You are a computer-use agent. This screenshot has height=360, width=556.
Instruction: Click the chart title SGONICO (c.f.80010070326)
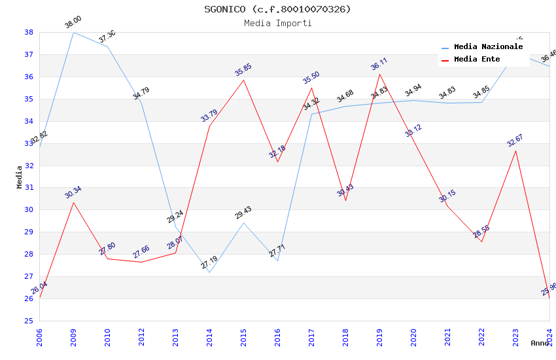tap(277, 9)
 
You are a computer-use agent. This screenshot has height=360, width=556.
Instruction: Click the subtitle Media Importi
tap(277, 23)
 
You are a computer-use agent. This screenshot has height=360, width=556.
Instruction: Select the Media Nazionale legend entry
tap(488, 47)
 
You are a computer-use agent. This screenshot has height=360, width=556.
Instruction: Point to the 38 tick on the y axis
tap(29, 32)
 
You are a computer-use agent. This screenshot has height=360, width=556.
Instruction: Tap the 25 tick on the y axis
tap(29, 321)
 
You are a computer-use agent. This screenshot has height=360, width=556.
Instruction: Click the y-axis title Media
tap(20, 177)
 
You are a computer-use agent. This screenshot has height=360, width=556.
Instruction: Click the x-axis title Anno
tap(540, 343)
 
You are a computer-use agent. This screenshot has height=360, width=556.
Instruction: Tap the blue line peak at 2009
tap(73, 32)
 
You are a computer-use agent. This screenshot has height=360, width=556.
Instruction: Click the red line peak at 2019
tap(379, 74)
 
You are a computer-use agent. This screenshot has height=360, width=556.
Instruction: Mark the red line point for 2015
tap(243, 80)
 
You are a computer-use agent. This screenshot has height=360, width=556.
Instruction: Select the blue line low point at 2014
tap(209, 272)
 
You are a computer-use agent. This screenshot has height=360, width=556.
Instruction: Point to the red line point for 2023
tap(515, 151)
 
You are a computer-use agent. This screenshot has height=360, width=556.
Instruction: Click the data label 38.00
tap(73, 23)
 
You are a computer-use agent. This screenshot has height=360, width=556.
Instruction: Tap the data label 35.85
tap(243, 70)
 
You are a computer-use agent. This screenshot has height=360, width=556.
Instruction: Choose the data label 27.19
tap(209, 263)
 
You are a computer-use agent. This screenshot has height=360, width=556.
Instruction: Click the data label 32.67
tap(515, 140)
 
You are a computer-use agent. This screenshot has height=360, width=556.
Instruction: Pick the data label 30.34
tap(73, 192)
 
